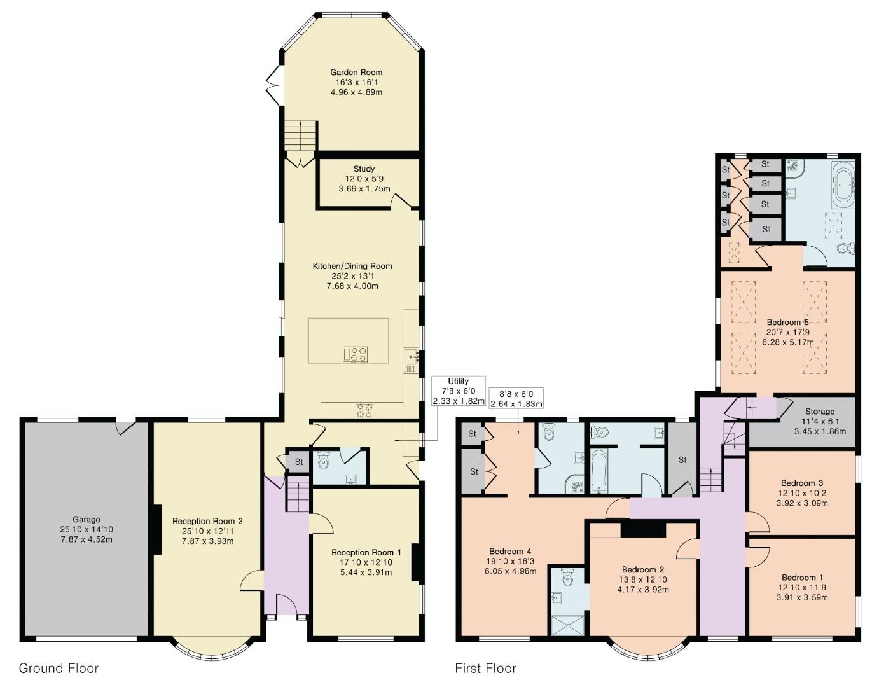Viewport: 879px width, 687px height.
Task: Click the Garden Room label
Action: pyautogui.click(x=356, y=73)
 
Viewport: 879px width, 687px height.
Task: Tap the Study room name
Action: pyautogui.click(x=364, y=169)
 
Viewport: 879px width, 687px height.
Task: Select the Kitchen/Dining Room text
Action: pyautogui.click(x=352, y=266)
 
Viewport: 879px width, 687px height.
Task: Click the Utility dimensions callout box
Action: pyautogui.click(x=458, y=391)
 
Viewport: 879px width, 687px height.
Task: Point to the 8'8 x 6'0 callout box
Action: pyautogui.click(x=516, y=399)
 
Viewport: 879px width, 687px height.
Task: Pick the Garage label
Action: pyautogui.click(x=86, y=520)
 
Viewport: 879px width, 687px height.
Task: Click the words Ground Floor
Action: pyautogui.click(x=59, y=668)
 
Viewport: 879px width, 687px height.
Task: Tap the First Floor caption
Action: pyautogui.click(x=485, y=668)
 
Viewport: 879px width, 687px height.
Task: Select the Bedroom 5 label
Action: pyautogui.click(x=787, y=322)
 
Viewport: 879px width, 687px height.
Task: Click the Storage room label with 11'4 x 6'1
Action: pyautogui.click(x=819, y=412)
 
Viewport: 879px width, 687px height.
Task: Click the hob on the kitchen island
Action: pyautogui.click(x=355, y=354)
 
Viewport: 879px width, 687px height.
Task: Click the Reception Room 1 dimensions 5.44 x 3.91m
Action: pyautogui.click(x=366, y=572)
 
